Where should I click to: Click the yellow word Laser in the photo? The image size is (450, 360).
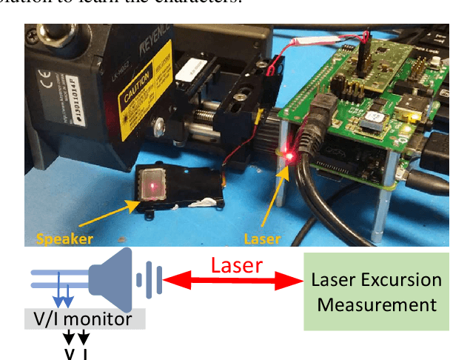click(263, 239)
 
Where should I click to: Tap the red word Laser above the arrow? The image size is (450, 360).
click(236, 265)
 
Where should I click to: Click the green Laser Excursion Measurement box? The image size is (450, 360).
click(376, 292)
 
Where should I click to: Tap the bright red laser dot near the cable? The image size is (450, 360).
click(291, 156)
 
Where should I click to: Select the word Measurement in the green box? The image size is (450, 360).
click(376, 304)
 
